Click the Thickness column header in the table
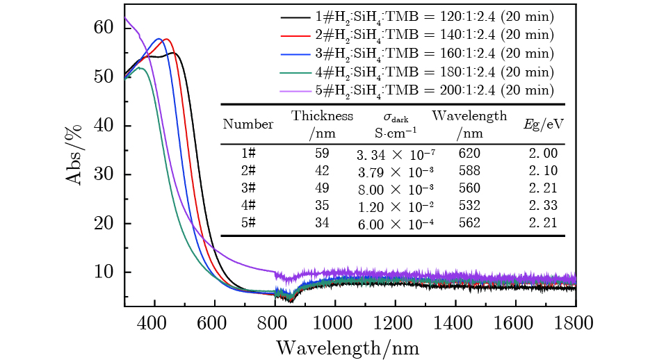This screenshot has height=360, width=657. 322,116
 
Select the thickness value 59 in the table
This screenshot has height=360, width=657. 322,152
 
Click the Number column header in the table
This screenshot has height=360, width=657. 248,124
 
